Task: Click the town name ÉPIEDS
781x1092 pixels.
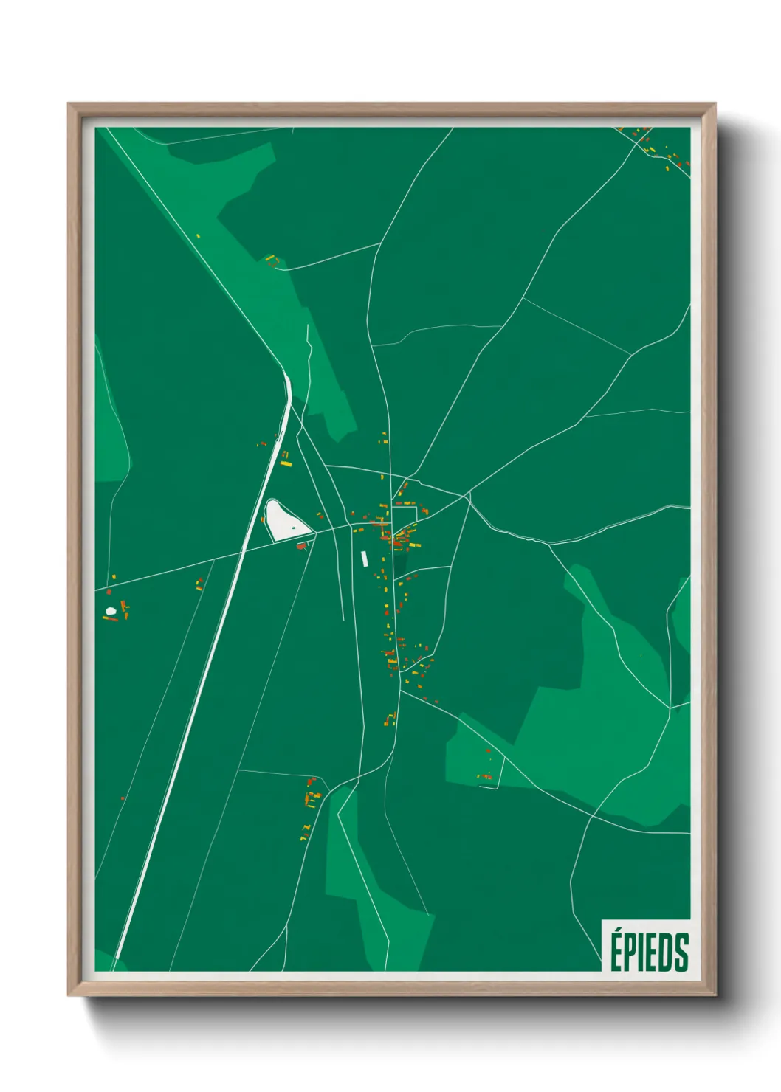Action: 648,951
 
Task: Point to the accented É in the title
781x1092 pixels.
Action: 616,950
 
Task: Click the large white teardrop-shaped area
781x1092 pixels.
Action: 283,520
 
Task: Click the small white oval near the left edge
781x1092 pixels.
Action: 111,611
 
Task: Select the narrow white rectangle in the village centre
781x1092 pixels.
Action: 364,559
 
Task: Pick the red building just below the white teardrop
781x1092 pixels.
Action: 301,546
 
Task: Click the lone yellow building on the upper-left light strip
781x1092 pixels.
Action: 198,236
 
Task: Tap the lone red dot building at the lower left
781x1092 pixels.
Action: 123,798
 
